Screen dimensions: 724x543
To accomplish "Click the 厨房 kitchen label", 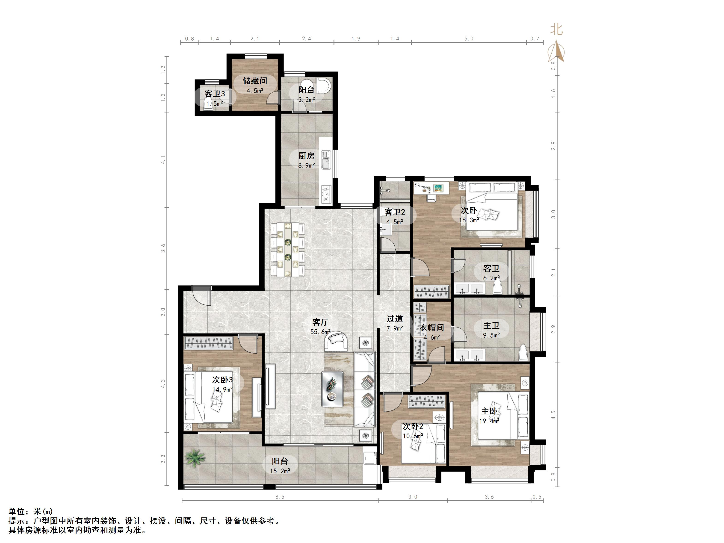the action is coord(306,156).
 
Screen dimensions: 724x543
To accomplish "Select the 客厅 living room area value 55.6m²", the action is coord(320,332).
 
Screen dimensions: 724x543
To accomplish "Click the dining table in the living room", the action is coord(288,249).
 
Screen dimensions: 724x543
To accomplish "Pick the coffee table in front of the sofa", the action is coord(332,389).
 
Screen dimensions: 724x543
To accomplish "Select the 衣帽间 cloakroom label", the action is coord(432,327).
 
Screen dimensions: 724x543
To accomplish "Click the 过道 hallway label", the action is coord(394,319).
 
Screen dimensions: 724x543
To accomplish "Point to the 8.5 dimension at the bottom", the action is coord(280,497).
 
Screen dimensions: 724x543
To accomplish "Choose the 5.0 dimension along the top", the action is coord(469,39).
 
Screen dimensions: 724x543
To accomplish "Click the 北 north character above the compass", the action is coord(556,30).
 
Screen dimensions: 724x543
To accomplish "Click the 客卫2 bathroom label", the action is coord(395,212).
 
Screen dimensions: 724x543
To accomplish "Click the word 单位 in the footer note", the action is coord(17,512).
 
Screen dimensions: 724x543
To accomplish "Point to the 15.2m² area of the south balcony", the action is coord(280,471).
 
